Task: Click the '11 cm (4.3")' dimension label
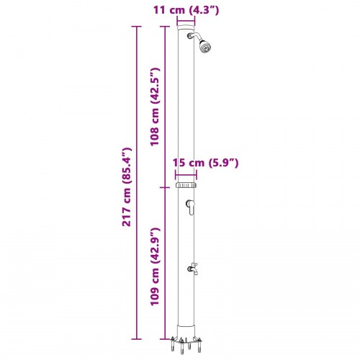pyautogui.click(x=186, y=9)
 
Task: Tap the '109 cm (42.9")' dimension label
pyautogui.click(x=154, y=266)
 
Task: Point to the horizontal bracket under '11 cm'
pyautogui.click(x=186, y=22)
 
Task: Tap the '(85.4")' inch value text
pyautogui.click(x=127, y=164)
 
